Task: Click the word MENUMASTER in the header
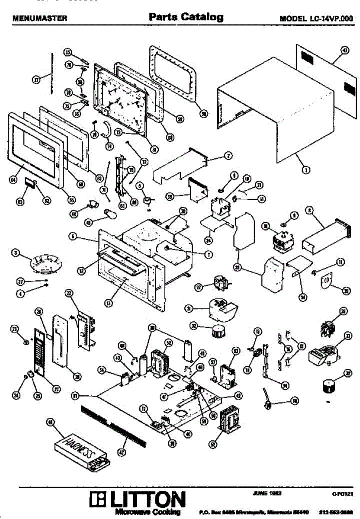click(40, 19)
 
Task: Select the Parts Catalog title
click(186, 17)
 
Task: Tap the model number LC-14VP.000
click(316, 19)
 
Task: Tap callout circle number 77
click(36, 79)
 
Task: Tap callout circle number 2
click(228, 155)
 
